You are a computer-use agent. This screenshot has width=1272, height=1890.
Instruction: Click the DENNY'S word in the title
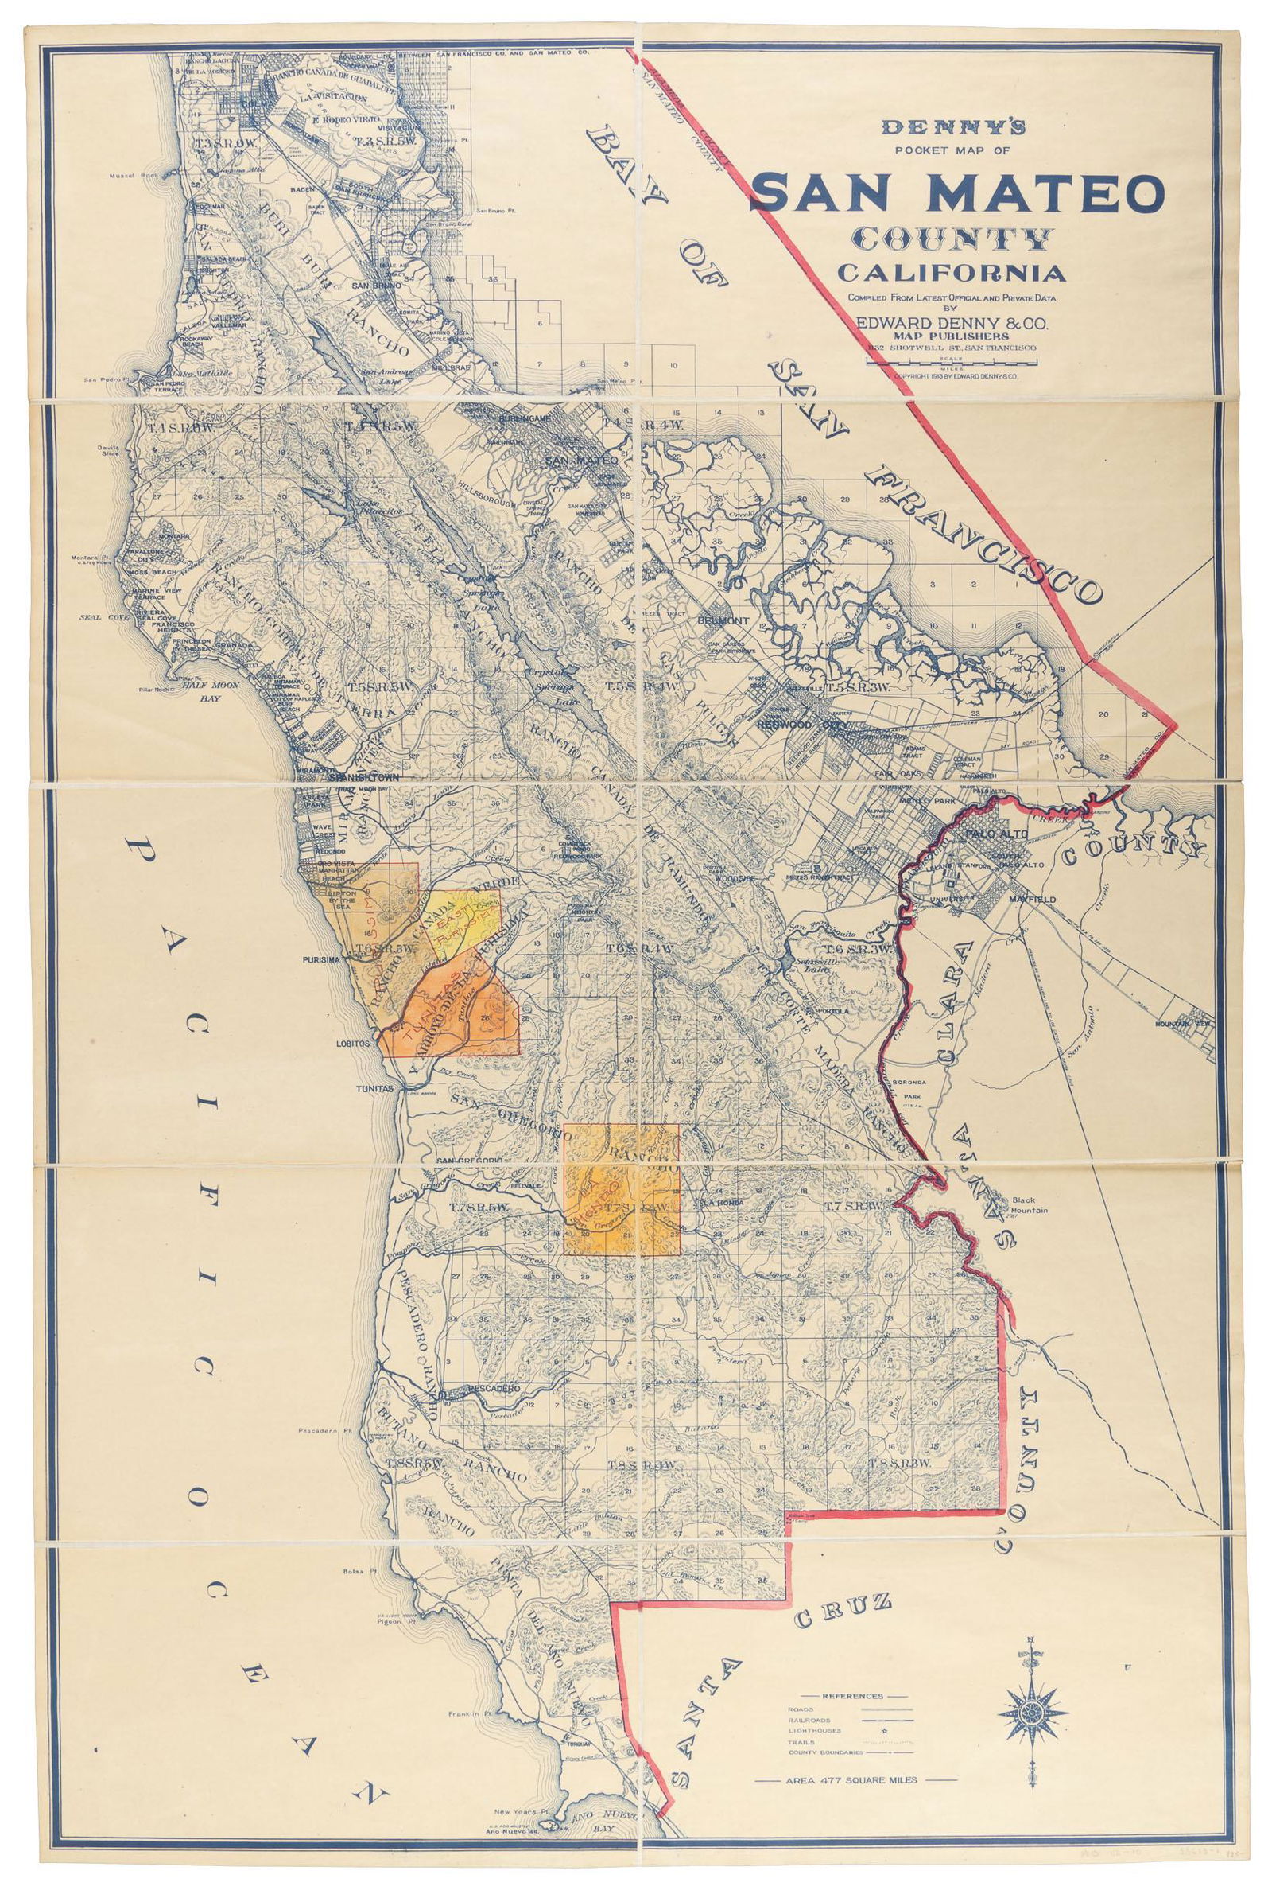[954, 126]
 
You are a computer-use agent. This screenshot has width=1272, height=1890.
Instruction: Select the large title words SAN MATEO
[959, 192]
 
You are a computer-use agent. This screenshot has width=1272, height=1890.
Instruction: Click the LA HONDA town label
[718, 1203]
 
